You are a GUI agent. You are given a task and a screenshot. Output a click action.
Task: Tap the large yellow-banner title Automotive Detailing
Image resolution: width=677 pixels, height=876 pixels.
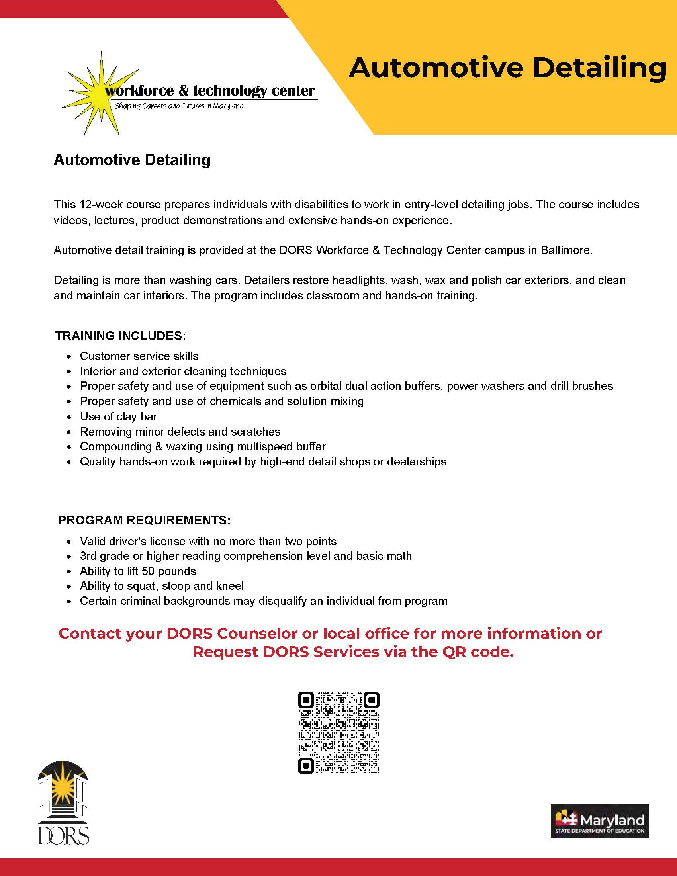(507, 68)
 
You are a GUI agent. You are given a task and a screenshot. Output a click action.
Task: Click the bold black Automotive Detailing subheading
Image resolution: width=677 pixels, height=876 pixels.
(132, 160)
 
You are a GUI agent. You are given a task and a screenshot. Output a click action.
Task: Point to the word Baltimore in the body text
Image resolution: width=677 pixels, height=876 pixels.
(565, 250)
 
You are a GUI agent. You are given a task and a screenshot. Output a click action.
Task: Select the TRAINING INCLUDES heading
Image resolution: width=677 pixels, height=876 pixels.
(120, 336)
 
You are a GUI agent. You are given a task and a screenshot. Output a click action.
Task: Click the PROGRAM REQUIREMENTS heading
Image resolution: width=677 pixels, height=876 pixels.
(144, 520)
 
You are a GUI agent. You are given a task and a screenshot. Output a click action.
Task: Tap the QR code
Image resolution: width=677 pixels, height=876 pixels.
(339, 733)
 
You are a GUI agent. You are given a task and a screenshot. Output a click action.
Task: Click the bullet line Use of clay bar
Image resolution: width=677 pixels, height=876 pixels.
(118, 416)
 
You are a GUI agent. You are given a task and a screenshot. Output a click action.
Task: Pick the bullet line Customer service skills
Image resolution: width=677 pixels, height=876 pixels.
(139, 356)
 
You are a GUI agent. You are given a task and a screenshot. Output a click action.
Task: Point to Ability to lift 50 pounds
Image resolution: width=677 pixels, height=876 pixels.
(138, 571)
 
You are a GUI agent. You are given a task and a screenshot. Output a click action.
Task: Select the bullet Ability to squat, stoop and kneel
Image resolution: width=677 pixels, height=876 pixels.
(162, 586)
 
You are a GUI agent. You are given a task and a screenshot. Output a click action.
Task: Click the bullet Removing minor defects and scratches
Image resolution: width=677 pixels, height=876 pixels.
(180, 432)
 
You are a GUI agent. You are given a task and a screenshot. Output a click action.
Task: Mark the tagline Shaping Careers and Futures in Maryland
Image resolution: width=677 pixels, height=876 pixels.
(179, 106)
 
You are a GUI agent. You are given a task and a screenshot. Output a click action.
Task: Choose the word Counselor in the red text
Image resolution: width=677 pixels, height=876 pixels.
(257, 634)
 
